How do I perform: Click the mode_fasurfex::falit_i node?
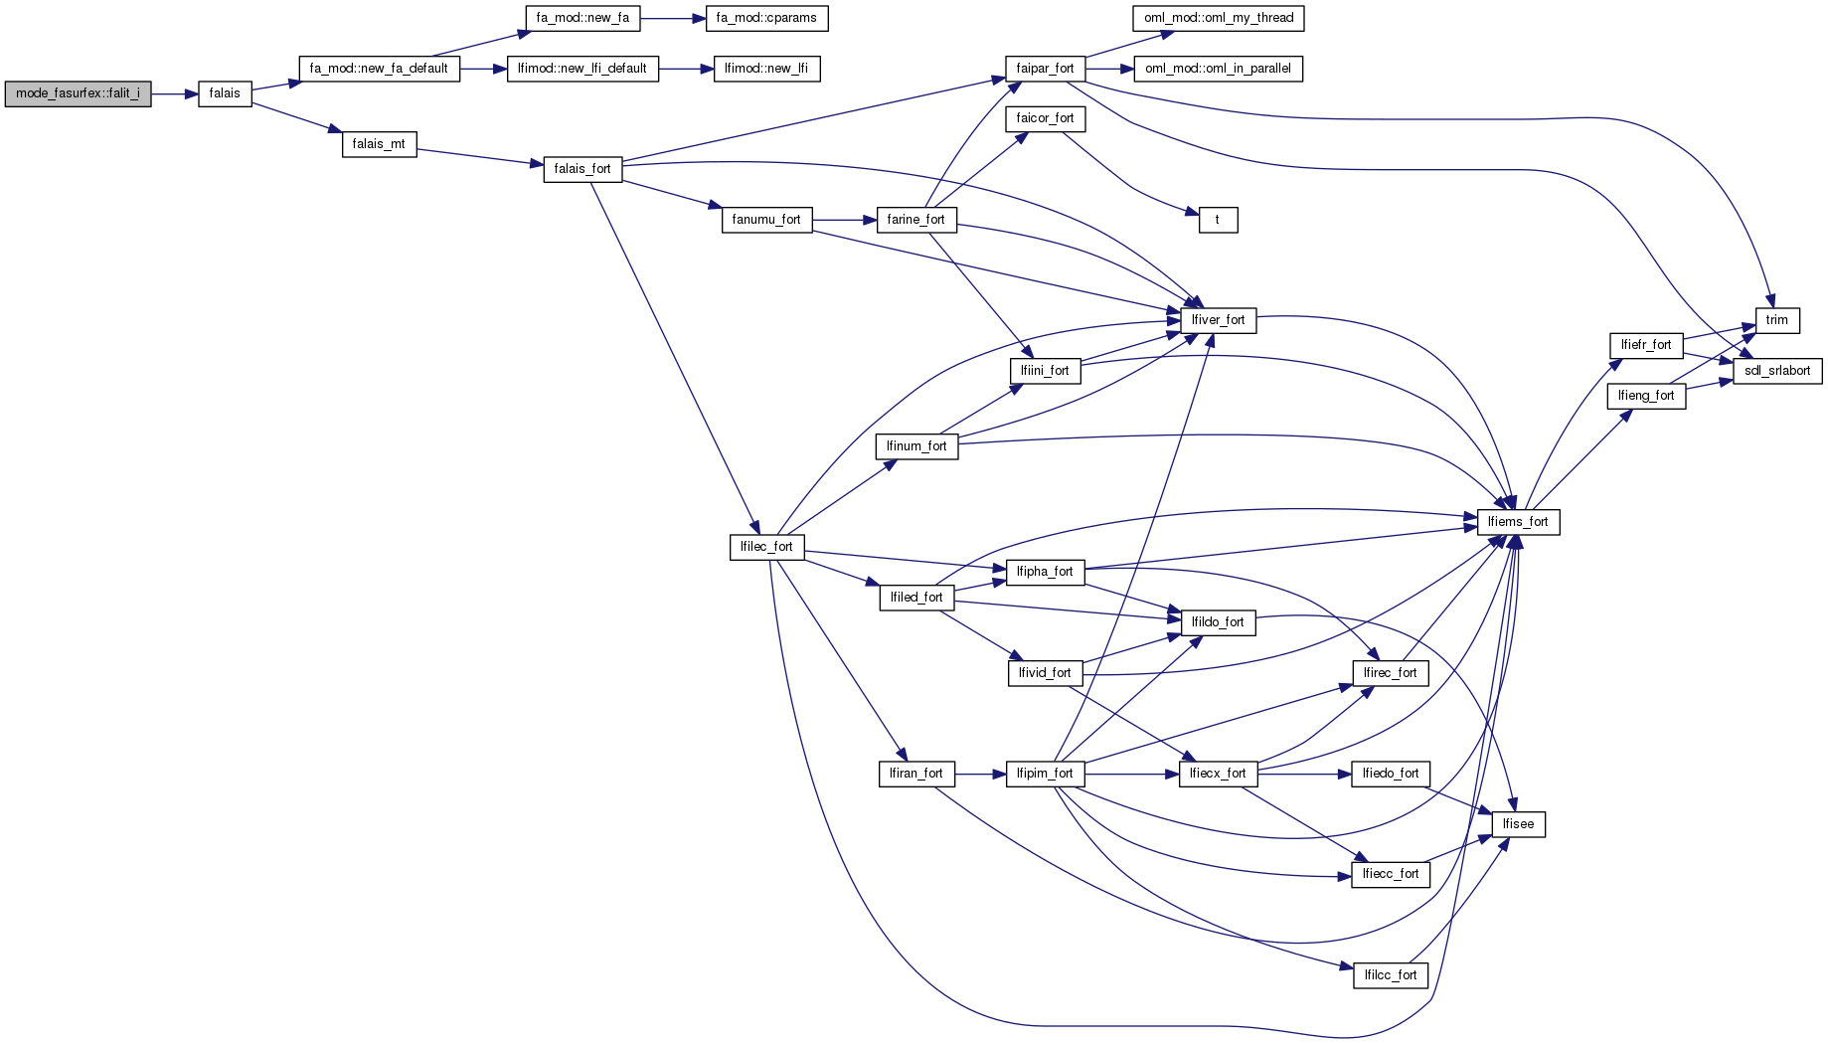[78, 93]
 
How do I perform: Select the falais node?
[225, 93]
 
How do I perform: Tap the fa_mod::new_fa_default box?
[379, 69]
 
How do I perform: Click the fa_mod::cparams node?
[766, 18]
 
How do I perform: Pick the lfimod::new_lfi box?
[766, 69]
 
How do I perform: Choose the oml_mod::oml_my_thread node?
[1219, 18]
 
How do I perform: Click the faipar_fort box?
[1045, 69]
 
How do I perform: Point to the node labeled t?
[1218, 220]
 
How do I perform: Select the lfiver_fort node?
[1218, 320]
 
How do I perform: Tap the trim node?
[1777, 320]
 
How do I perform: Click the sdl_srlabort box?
[1777, 371]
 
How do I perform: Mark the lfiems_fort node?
[1518, 522]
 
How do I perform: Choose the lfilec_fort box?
[766, 547]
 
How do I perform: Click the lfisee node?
[1518, 824]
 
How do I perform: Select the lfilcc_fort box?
[1391, 975]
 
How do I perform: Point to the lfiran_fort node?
[915, 774]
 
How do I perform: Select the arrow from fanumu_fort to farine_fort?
[844, 220]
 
